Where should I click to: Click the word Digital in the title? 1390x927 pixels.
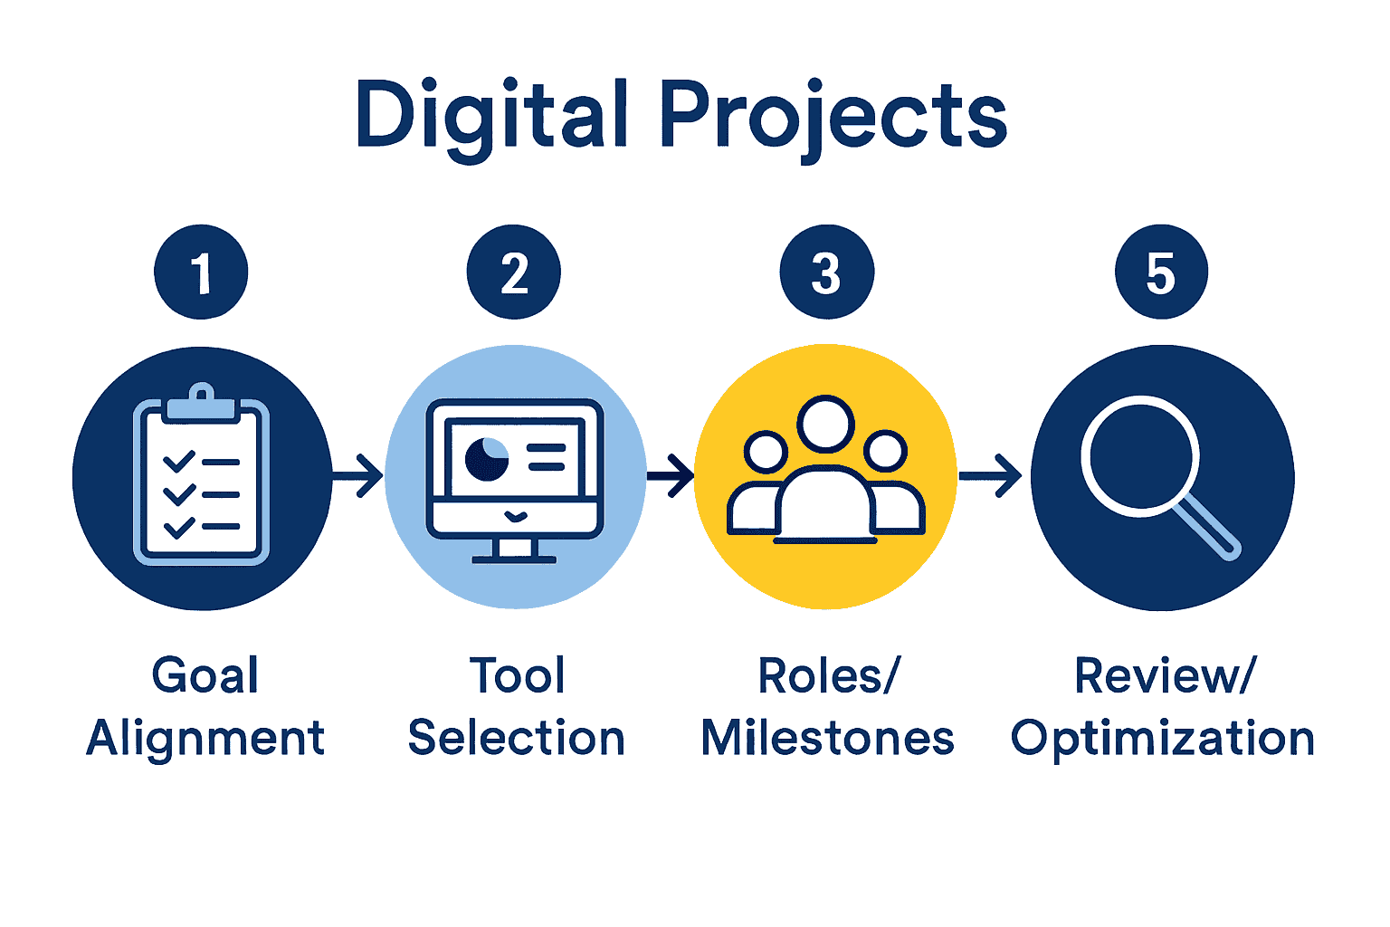[x=491, y=116]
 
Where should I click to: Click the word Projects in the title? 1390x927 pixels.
[x=833, y=116]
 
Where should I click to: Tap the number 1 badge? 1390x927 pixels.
[x=201, y=272]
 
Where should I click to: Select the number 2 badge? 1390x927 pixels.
[x=514, y=272]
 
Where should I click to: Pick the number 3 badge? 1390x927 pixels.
[x=826, y=272]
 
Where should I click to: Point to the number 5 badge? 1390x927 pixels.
[x=1161, y=272]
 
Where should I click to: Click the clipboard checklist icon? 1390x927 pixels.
[x=202, y=480]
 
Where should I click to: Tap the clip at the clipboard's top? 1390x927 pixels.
[x=202, y=400]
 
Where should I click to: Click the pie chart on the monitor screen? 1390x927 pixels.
[x=487, y=458]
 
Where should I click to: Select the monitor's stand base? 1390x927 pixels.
[x=514, y=558]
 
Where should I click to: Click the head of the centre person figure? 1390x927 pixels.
[x=825, y=424]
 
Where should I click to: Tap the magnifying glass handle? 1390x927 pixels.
[x=1208, y=527]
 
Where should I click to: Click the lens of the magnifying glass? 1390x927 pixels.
[x=1139, y=455]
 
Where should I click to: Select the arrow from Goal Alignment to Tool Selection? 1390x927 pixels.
[x=358, y=474]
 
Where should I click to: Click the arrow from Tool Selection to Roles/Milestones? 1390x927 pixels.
[x=671, y=474]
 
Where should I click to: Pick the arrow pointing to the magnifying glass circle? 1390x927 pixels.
[x=992, y=474]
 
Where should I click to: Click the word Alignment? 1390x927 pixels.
[x=205, y=739]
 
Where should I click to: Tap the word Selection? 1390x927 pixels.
[x=516, y=739]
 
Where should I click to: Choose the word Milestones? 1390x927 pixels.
[x=827, y=739]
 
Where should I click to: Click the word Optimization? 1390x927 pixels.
[x=1162, y=739]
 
